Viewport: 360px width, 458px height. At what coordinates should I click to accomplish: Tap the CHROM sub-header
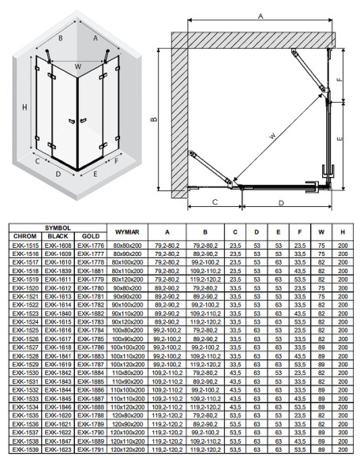[x=26, y=236]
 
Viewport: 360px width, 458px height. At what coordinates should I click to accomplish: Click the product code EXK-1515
[x=26, y=246]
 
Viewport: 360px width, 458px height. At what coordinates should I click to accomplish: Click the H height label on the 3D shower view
[x=26, y=107]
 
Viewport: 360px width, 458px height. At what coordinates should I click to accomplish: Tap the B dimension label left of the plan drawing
[x=150, y=119]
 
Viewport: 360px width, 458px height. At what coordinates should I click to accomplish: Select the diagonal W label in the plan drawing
[x=270, y=136]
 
